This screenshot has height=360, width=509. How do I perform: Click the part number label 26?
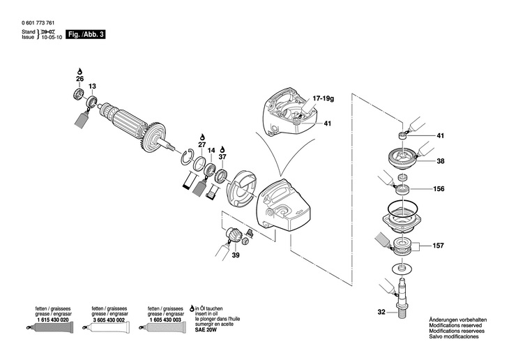(x=79, y=79)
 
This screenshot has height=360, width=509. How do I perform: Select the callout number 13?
(x=92, y=86)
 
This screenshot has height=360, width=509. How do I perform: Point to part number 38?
(x=440, y=160)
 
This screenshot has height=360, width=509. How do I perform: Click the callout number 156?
(x=439, y=188)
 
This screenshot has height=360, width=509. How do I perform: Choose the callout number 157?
(x=439, y=246)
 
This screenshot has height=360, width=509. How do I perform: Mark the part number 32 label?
(x=381, y=313)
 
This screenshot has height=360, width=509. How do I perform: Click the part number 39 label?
(x=236, y=256)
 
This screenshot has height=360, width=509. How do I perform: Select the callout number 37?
(x=222, y=157)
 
